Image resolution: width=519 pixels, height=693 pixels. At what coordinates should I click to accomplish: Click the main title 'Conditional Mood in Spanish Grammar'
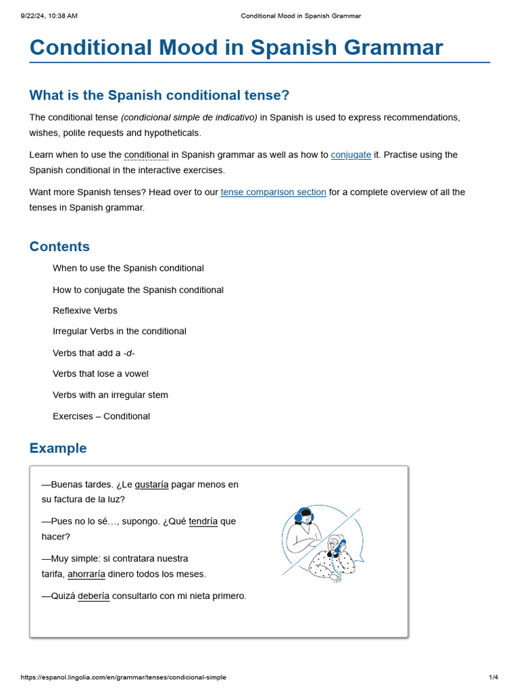tap(236, 47)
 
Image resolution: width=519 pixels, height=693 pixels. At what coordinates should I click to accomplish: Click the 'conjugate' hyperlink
tap(351, 155)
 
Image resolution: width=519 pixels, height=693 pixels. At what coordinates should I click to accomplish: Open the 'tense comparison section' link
tap(273, 192)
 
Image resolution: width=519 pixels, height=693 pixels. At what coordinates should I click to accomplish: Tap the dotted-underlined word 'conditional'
tap(146, 155)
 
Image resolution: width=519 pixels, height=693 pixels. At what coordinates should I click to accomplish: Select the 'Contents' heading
tap(59, 246)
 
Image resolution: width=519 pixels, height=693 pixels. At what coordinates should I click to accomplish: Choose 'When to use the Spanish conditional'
tap(128, 269)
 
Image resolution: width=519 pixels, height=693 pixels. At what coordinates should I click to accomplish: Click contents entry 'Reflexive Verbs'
tap(85, 311)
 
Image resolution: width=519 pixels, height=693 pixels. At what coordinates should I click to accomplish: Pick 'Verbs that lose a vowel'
tap(101, 374)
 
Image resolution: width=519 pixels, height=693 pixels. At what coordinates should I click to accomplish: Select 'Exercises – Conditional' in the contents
tap(101, 416)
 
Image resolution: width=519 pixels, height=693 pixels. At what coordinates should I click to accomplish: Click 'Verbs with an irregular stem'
tap(110, 395)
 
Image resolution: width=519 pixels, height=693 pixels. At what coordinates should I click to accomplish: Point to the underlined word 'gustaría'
tap(151, 485)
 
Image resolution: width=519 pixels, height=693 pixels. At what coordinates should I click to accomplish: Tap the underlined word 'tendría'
tap(203, 522)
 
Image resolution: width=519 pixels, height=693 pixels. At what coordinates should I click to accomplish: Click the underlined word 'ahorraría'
tap(86, 575)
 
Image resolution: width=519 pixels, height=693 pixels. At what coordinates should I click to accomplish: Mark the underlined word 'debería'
tap(93, 596)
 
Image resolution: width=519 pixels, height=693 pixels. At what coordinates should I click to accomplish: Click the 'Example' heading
tap(58, 448)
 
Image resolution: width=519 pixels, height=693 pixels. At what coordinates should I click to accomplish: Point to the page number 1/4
tap(493, 677)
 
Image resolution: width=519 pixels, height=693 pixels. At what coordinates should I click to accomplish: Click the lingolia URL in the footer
tap(124, 677)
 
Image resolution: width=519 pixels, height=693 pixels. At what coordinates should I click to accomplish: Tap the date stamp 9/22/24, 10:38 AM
tap(49, 16)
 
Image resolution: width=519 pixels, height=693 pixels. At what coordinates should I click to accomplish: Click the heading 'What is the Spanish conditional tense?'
tap(159, 95)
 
